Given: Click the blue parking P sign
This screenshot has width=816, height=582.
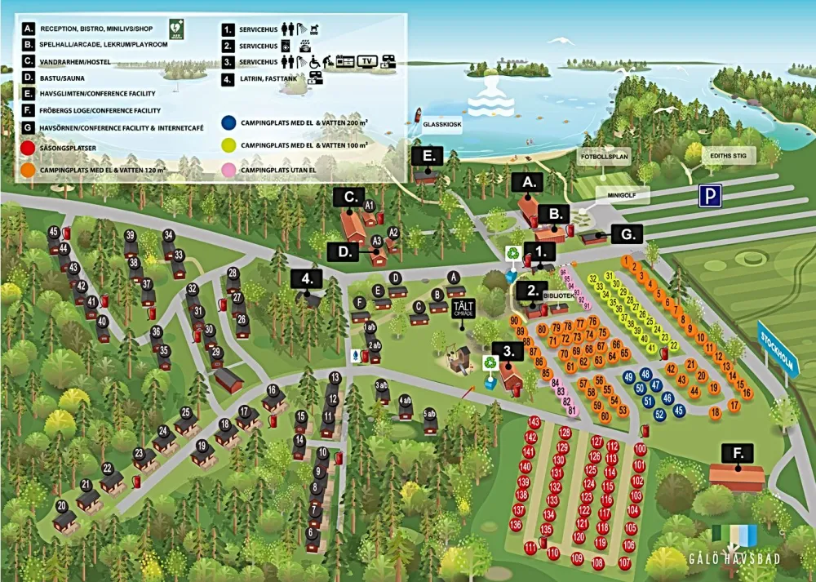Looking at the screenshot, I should point(709,195).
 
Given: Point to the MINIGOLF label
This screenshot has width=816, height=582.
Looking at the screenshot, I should point(622,196).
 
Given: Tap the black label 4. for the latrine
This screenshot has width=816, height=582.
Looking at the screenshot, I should point(306,278).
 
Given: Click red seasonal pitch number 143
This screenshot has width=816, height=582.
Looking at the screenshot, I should point(534,422).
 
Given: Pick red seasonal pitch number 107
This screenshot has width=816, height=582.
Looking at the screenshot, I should point(625,562).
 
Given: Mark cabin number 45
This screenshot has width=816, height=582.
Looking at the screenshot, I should point(54,232).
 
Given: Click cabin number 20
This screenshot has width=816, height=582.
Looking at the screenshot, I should point(61,505).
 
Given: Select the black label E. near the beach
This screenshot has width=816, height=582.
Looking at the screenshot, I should point(428,156).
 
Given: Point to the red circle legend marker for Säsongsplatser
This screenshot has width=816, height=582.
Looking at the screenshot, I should point(29,148).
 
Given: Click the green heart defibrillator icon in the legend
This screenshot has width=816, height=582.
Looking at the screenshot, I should point(177,28).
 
